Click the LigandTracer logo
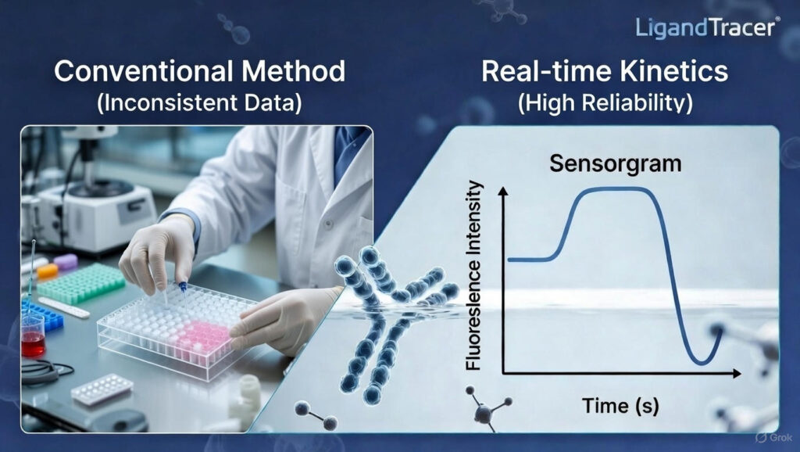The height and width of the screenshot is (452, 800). [705, 27]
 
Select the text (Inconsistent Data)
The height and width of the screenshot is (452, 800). [199, 103]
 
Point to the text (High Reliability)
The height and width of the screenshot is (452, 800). [605, 103]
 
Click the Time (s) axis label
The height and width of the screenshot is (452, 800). [616, 405]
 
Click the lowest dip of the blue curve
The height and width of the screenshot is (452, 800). [702, 362]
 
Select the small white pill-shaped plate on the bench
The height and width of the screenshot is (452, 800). [102, 388]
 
